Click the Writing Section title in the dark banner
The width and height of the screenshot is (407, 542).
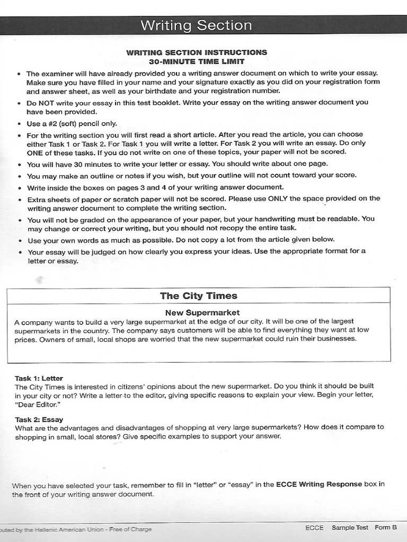click(196, 25)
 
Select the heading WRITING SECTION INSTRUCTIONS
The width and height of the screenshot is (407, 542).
click(196, 52)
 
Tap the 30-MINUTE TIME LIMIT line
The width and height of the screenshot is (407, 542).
click(196, 61)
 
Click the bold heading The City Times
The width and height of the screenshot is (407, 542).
click(199, 296)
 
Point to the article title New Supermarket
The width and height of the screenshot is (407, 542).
click(202, 312)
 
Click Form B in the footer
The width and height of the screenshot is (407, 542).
click(386, 527)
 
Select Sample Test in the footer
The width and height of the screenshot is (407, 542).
click(350, 527)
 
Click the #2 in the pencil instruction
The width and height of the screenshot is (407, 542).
click(52, 124)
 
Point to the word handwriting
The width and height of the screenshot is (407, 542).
click(291, 219)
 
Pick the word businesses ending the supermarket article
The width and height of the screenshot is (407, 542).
click(335, 339)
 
